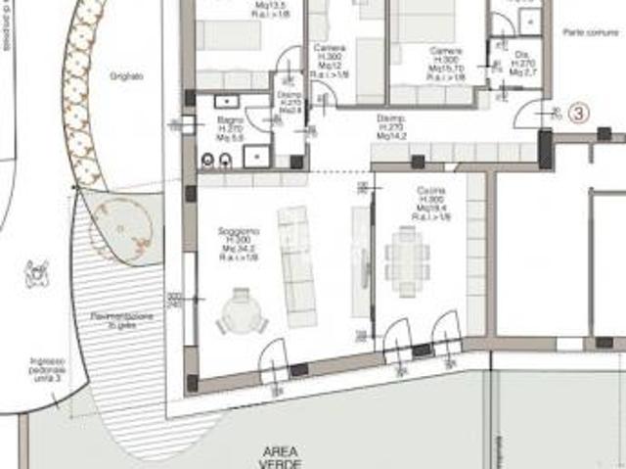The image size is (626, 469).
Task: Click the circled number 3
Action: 578,113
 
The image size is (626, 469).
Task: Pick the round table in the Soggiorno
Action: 241,314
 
